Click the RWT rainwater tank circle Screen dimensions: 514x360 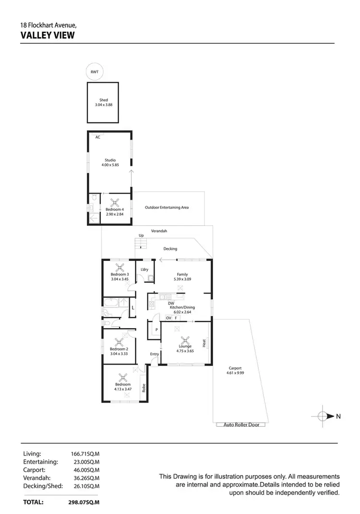[x=94, y=72]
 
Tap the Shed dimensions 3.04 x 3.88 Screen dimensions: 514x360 [x=104, y=105]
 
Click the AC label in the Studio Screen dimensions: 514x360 [x=97, y=137]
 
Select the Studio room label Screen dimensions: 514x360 [x=110, y=160]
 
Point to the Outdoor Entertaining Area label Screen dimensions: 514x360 [x=167, y=208]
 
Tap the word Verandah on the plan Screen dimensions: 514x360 [x=159, y=231]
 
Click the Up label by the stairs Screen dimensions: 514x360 [x=141, y=235]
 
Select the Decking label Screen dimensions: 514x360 [x=170, y=249]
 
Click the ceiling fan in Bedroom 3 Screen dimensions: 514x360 [x=120, y=267]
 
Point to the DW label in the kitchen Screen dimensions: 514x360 [x=171, y=303]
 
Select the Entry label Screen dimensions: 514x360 [x=154, y=354]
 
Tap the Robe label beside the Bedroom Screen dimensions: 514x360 [x=144, y=388]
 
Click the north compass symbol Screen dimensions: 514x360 [x=324, y=416]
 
